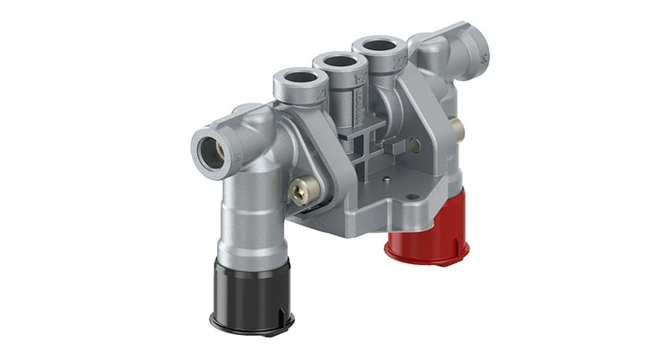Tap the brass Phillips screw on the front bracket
point(299,191)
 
